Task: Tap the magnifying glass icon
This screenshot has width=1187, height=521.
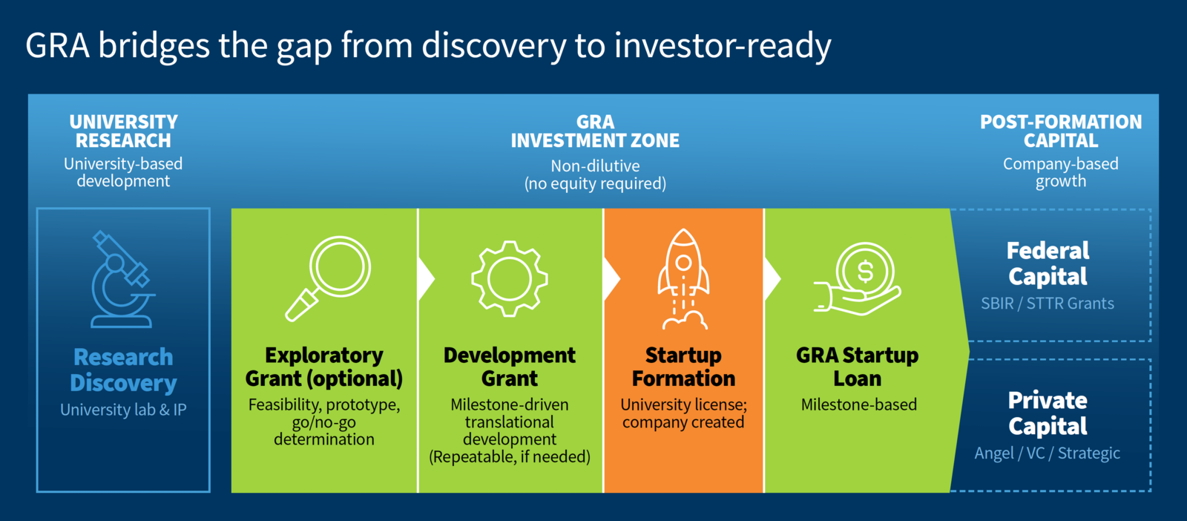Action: [328, 278]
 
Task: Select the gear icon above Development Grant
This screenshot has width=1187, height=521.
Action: [509, 279]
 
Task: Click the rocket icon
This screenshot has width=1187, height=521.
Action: [683, 279]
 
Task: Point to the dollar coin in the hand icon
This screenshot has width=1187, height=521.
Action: [865, 272]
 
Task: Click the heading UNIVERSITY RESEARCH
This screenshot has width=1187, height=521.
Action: [123, 131]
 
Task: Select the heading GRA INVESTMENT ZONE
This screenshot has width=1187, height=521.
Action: [595, 131]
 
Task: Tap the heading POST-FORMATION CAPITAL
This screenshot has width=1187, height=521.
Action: [1061, 131]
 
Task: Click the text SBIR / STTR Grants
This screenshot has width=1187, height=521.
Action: [1047, 303]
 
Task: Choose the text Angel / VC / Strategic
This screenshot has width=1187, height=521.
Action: [1047, 453]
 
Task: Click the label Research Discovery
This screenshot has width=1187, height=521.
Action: [123, 370]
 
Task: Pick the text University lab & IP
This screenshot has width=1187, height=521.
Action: [123, 410]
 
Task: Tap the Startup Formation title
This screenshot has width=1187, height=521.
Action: [683, 367]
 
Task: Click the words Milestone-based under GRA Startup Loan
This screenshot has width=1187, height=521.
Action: [858, 404]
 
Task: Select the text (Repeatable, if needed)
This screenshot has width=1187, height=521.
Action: [509, 456]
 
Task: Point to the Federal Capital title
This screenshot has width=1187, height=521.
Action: [1048, 263]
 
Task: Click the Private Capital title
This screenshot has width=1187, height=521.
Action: [1048, 413]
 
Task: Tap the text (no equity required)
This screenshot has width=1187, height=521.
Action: [595, 183]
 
